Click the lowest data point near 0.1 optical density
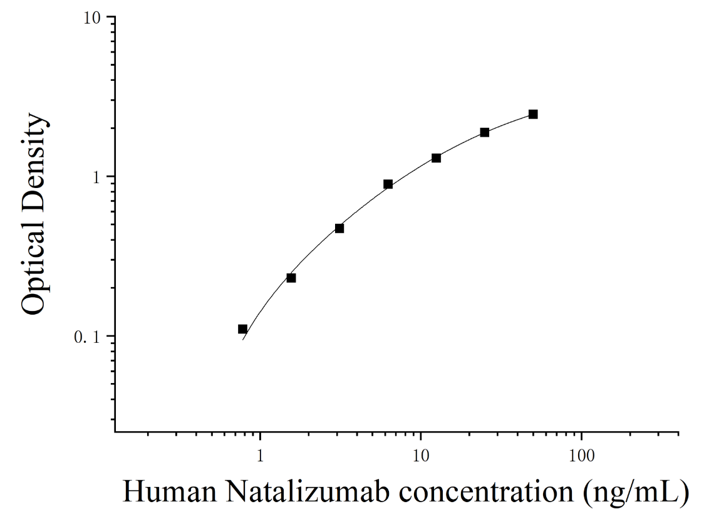[243, 329]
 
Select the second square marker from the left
[291, 278]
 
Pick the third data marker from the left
[339, 228]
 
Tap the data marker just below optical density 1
[388, 184]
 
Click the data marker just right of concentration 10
[437, 158]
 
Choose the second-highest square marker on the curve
[485, 133]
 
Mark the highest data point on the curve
[533, 114]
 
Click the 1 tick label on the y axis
[96, 177]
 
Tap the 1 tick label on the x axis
[260, 456]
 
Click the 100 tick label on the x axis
[581, 456]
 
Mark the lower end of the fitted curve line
[243, 340]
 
